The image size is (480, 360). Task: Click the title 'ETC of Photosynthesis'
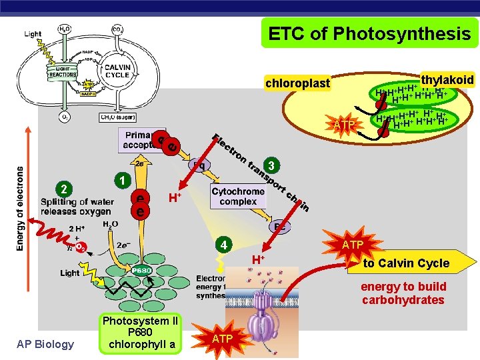pyautogui.click(x=369, y=33)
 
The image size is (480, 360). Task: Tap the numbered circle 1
pyautogui.click(x=121, y=179)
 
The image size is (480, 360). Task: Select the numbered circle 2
pyautogui.click(x=62, y=189)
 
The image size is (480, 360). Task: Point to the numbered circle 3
pyautogui.click(x=271, y=164)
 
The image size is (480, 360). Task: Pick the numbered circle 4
pyautogui.click(x=225, y=245)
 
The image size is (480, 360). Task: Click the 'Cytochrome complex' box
pyautogui.click(x=238, y=196)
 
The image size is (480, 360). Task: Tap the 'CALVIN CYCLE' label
pyautogui.click(x=117, y=71)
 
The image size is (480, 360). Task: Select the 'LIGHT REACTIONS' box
pyautogui.click(x=63, y=72)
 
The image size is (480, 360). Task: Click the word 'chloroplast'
pyautogui.click(x=297, y=83)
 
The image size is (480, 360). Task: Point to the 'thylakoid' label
pyautogui.click(x=447, y=80)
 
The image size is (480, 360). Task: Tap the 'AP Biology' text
pyautogui.click(x=46, y=343)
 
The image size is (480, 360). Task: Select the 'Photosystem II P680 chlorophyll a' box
pyautogui.click(x=138, y=333)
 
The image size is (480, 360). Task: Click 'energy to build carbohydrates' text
pyautogui.click(x=403, y=293)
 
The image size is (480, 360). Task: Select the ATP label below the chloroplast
pyautogui.click(x=345, y=125)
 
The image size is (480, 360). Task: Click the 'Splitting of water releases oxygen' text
pyautogui.click(x=75, y=207)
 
